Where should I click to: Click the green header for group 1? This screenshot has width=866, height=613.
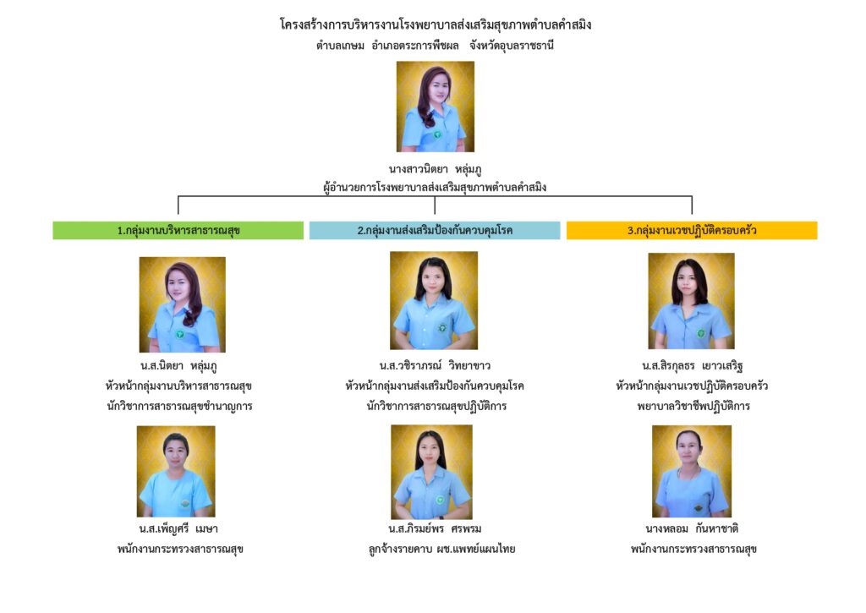178,230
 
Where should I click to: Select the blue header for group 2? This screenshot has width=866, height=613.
435,230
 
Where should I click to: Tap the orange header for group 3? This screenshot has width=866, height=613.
692,230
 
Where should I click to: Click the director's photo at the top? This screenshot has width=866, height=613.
435,107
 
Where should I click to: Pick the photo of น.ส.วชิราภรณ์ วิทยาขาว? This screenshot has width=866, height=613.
433,300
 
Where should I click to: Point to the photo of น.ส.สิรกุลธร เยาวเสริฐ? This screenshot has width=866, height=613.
691,301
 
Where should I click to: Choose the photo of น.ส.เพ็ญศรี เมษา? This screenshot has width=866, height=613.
176,471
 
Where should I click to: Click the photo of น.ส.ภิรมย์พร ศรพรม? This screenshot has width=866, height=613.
431,472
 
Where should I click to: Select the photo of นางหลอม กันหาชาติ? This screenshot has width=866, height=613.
691,471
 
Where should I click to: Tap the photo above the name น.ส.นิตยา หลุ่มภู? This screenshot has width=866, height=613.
182,304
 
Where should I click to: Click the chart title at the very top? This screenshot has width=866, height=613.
435,25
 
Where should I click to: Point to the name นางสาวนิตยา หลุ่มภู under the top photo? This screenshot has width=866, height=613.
435,170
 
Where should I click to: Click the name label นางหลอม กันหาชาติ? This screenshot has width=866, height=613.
692,529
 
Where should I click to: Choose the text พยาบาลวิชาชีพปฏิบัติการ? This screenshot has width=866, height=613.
692,406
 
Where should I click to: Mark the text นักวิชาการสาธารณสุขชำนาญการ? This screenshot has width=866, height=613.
181,406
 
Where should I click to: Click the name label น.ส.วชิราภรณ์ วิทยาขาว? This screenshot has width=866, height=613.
435,365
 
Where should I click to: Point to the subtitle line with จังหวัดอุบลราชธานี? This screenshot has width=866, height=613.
435,45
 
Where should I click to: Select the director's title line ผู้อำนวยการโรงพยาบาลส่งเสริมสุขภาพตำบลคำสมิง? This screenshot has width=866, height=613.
435,188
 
